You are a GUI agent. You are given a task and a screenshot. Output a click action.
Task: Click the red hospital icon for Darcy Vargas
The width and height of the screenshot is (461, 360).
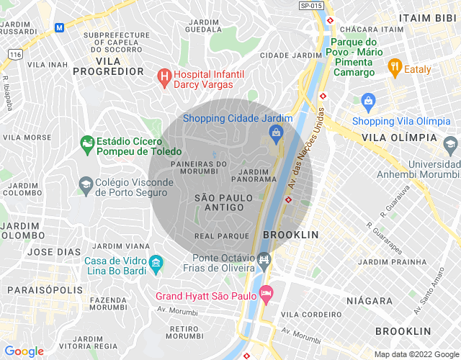click(164, 74)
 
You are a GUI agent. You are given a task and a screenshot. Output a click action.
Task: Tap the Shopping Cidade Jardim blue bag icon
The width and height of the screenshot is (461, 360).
click(276, 132)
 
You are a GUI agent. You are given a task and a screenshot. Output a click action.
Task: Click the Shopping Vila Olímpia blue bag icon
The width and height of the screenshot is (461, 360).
click(369, 100)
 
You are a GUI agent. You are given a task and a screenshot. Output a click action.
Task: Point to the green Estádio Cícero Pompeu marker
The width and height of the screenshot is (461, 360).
click(87, 144)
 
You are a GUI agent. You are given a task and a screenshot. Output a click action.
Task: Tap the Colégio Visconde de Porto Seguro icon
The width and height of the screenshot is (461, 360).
click(85, 185)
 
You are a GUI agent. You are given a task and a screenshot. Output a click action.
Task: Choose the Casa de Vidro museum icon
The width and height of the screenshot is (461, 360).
click(156, 266)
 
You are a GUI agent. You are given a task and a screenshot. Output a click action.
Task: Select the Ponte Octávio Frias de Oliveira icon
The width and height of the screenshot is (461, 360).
click(264, 258)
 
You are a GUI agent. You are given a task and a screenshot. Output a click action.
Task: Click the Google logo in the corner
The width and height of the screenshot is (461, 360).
click(24, 351)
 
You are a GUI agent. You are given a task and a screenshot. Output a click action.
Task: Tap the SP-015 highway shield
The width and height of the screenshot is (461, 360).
click(310, 5)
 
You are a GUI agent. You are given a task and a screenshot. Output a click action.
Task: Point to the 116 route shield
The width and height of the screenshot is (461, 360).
click(14, 54)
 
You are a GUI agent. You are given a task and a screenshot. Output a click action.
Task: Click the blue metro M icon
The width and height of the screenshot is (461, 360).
click(59, 27)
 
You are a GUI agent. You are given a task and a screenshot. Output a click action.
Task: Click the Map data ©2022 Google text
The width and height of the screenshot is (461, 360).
click(416, 354)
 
